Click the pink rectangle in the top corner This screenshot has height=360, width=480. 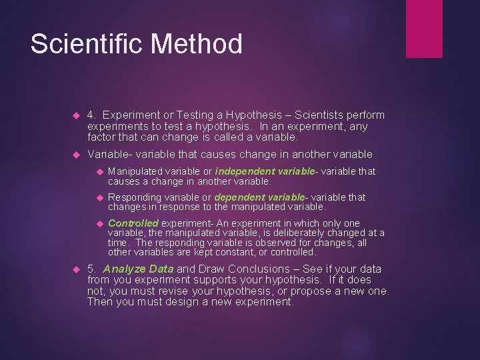(x=424, y=29)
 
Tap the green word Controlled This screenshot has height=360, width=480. (x=133, y=223)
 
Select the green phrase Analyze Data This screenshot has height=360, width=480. (x=139, y=269)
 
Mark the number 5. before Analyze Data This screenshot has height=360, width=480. (x=92, y=269)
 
